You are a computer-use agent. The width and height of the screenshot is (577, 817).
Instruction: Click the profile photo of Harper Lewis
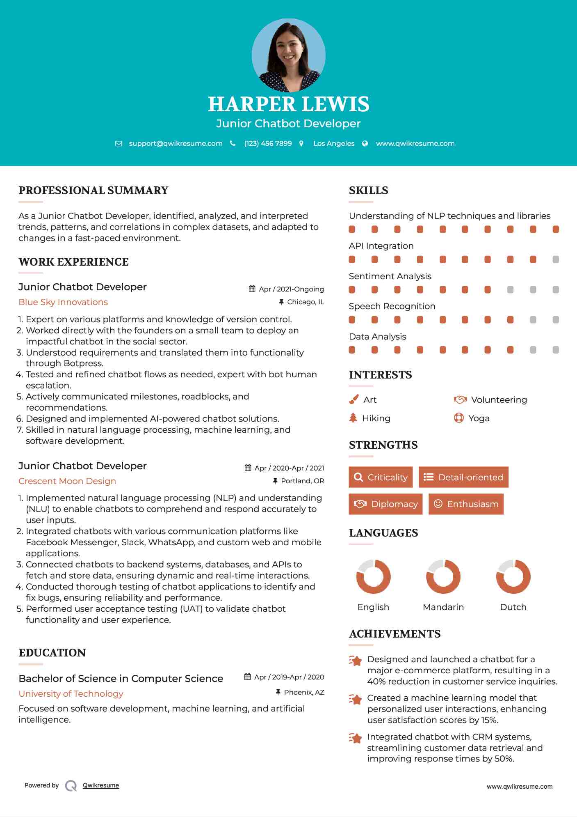coord(288,55)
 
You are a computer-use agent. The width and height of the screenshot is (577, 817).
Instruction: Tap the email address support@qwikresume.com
coord(176,143)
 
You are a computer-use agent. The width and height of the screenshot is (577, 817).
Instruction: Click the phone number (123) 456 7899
coord(268,143)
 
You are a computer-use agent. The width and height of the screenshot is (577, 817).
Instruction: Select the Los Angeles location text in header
coord(333,143)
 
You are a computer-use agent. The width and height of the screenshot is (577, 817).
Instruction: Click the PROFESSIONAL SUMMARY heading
coord(94,190)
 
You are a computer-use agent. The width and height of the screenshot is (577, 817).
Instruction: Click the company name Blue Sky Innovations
coord(63,302)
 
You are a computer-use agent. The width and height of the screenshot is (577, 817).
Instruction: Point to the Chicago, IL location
coord(305,302)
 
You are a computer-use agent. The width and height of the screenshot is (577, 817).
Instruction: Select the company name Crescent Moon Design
coord(67,481)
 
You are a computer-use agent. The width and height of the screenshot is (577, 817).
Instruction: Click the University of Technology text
coord(71,694)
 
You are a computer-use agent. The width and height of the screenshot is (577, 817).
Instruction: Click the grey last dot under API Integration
coord(556,259)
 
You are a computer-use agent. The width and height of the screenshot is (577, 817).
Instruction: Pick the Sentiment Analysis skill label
coord(390,276)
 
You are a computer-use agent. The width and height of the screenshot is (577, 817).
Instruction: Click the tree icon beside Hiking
coord(353,418)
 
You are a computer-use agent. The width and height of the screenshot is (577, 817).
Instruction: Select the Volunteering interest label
coord(499,400)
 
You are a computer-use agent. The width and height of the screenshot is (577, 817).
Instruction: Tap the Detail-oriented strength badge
coord(463,477)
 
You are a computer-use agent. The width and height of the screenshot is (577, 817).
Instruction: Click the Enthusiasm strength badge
coord(466,504)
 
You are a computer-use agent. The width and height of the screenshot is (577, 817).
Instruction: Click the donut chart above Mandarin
coord(443,576)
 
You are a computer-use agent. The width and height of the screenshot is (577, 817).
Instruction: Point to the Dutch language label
coord(513,607)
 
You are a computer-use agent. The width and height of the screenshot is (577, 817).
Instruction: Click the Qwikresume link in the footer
coord(101,785)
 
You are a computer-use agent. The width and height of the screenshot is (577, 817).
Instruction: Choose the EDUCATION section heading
coord(52,653)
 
